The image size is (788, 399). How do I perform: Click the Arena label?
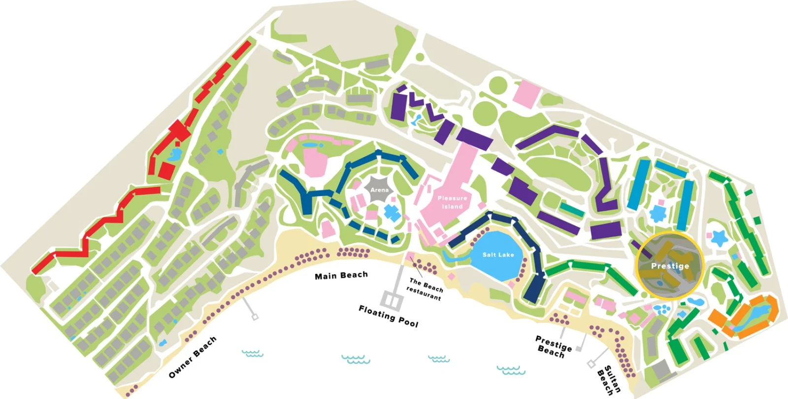[379, 190]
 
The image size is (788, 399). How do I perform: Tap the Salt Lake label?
[498, 255]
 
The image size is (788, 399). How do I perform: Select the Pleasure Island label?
[452, 202]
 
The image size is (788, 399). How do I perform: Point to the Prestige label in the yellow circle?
[670, 266]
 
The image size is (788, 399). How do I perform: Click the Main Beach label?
[341, 275]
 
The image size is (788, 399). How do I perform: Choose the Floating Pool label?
[388, 316]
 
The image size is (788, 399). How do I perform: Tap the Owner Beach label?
[193, 357]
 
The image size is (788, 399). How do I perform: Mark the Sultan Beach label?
[609, 381]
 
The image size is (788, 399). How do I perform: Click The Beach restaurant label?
[425, 289]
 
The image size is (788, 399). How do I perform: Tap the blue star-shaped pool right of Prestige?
[719, 238]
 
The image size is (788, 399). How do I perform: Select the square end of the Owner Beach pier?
[255, 317]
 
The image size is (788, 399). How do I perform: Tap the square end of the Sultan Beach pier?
[591, 364]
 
